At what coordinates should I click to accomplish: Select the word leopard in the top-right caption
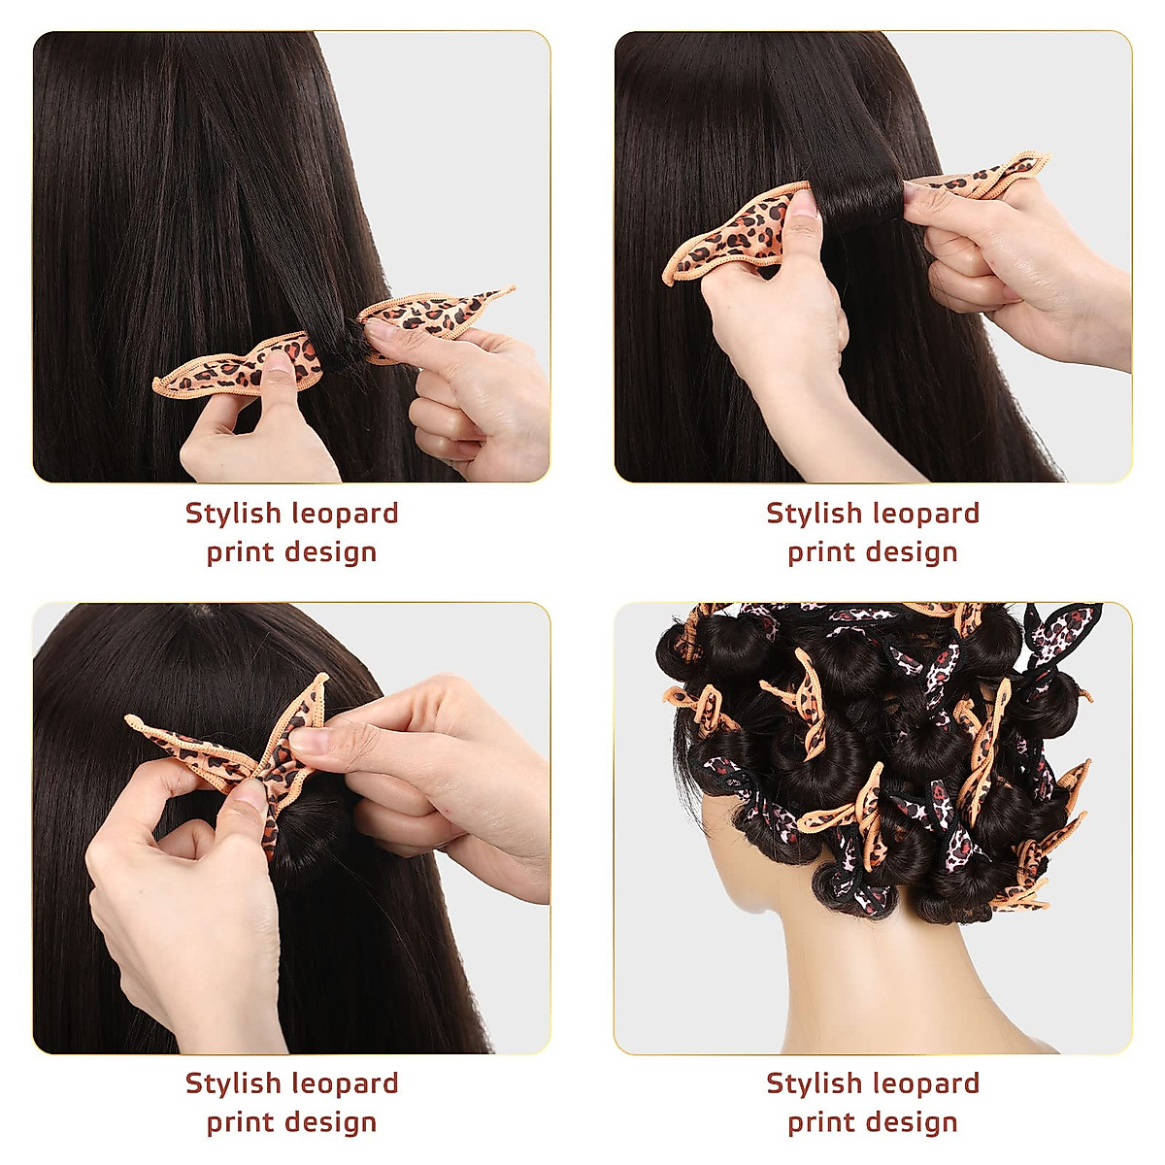(x=925, y=513)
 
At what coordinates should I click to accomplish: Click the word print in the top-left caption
(x=238, y=552)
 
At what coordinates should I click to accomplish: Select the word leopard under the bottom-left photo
(x=345, y=1082)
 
